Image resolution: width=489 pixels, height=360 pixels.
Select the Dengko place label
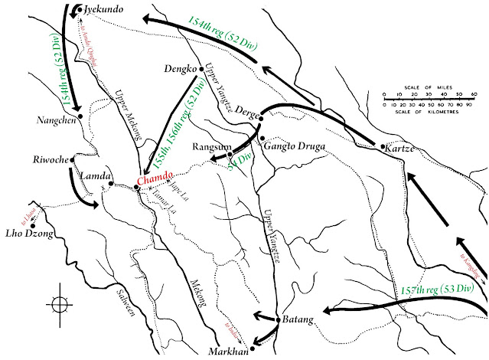[x=181, y=70]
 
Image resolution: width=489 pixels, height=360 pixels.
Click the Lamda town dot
[x=111, y=184]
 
